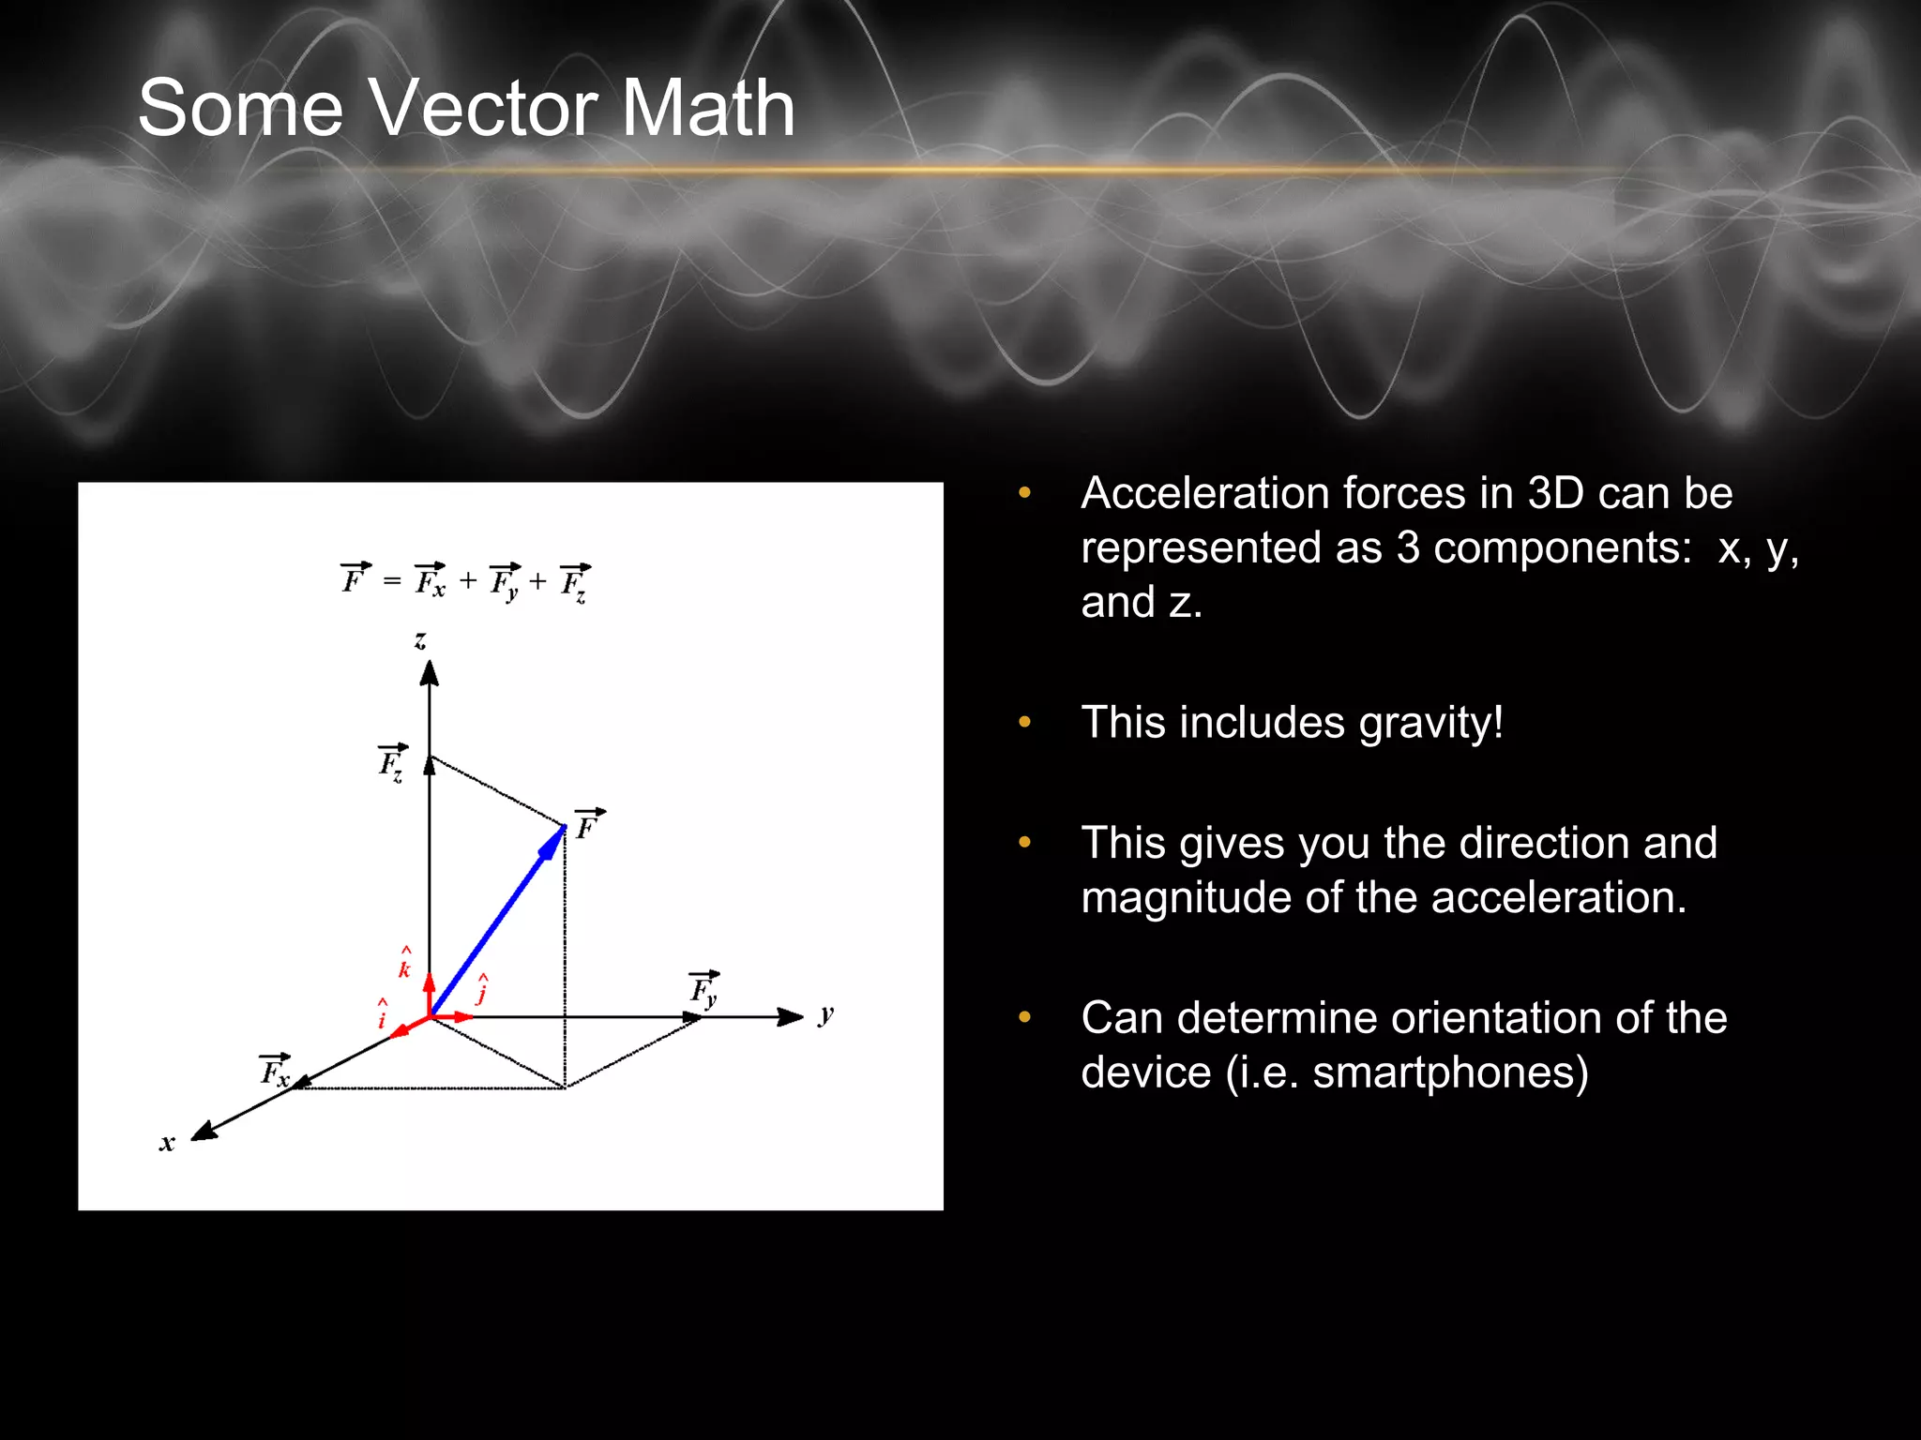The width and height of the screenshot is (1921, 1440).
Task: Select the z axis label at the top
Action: [x=420, y=640]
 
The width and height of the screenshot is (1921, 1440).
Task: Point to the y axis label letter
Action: [x=825, y=1014]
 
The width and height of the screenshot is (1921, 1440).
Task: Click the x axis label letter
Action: [x=167, y=1143]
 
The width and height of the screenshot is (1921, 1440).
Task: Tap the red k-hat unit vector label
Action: [x=404, y=965]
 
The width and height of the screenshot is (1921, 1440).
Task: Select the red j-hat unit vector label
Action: [x=482, y=990]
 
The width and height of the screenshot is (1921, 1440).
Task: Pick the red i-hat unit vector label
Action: [x=382, y=1014]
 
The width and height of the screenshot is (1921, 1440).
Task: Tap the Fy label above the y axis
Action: [x=704, y=989]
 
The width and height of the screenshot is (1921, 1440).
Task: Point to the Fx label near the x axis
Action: [x=275, y=1071]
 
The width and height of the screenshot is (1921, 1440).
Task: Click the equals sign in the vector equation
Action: [x=392, y=582]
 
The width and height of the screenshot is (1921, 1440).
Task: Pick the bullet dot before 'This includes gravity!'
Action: [x=1024, y=722]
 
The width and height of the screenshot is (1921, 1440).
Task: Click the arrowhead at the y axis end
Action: [x=791, y=1017]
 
